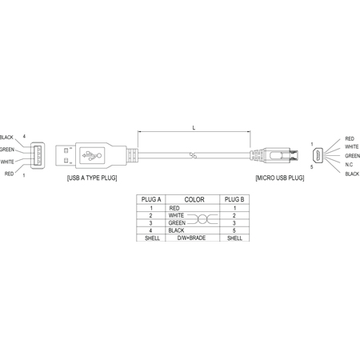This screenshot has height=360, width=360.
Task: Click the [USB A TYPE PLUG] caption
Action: [92, 178]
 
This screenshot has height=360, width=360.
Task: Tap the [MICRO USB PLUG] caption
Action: [280, 178]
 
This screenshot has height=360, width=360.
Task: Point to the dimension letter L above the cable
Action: [194, 128]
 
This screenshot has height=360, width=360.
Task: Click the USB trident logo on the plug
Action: [92, 155]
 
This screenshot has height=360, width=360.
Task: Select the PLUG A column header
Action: [151, 199]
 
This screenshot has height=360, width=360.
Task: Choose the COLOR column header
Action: [194, 199]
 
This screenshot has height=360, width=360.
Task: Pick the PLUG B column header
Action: [234, 199]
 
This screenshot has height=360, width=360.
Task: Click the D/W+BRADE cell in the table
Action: [191, 238]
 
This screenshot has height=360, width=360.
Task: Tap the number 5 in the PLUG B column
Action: [234, 230]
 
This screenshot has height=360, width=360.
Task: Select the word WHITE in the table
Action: [176, 215]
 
